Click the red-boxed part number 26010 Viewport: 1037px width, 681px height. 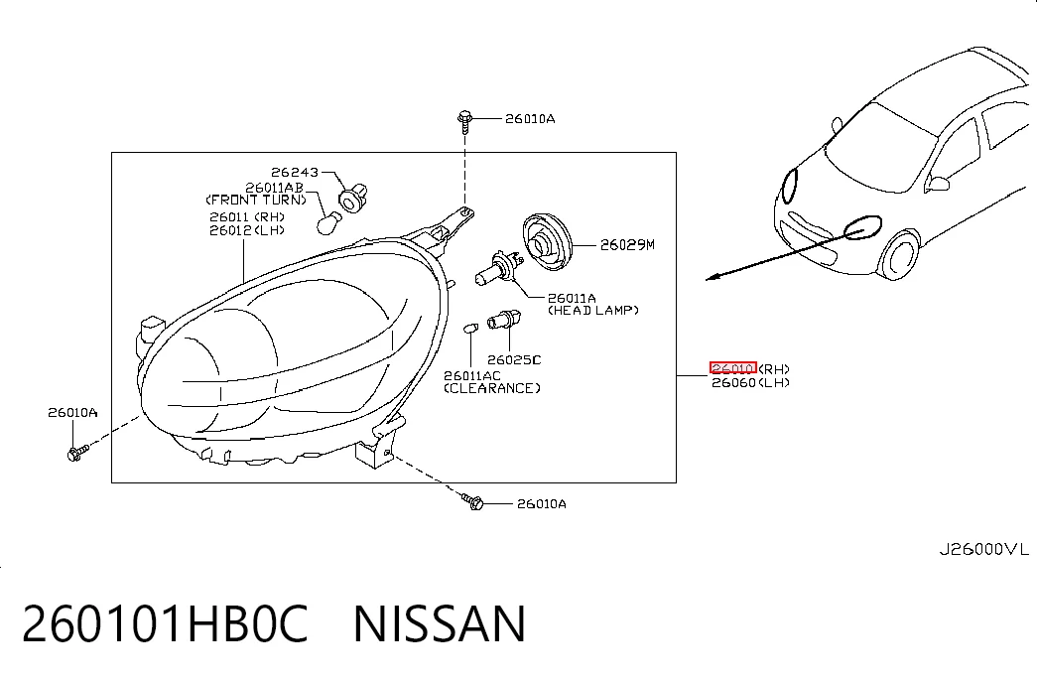(732, 368)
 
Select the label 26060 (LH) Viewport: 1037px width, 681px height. (750, 382)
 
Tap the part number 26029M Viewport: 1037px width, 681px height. (627, 245)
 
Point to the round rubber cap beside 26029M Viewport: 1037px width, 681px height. (547, 242)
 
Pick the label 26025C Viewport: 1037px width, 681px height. (514, 360)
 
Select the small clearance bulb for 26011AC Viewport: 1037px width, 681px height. (470, 328)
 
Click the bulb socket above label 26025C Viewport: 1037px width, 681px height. (504, 320)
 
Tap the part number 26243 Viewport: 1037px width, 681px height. (295, 172)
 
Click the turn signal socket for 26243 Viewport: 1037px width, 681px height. (353, 198)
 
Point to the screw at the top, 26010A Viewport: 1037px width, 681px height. (465, 122)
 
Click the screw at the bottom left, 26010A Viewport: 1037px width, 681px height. (77, 453)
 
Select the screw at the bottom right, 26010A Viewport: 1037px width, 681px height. (473, 501)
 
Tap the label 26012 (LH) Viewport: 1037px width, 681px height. (247, 230)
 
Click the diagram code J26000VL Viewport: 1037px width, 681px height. (984, 549)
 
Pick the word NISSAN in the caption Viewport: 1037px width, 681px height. (440, 623)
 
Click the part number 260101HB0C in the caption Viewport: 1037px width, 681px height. (166, 623)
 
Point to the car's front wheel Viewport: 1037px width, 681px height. (901, 253)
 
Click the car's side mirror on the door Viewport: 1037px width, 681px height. (937, 182)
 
